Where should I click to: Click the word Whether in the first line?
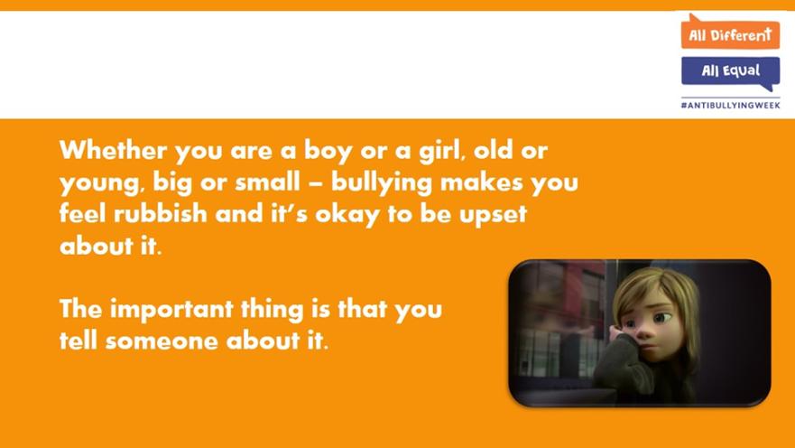click(113, 150)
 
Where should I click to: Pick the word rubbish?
click(161, 213)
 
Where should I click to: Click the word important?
click(171, 310)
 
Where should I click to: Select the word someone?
click(162, 341)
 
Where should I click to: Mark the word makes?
click(482, 182)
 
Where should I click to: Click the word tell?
click(79, 340)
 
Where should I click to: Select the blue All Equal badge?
click(731, 72)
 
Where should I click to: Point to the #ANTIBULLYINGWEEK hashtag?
click(730, 106)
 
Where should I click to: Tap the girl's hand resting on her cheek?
click(620, 335)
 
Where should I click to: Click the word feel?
click(83, 213)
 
